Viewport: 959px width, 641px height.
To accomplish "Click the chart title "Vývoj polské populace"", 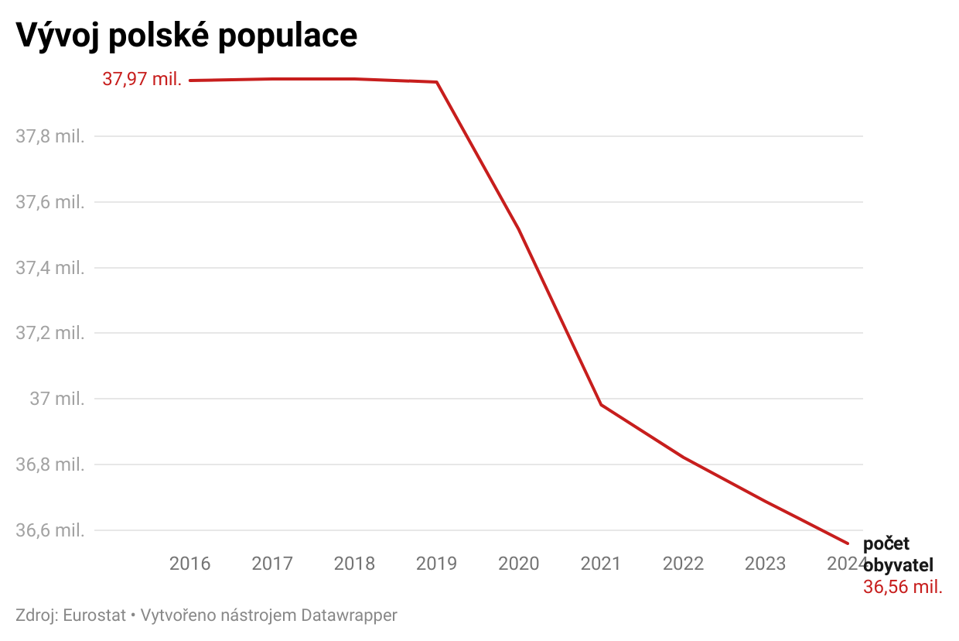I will (186, 36).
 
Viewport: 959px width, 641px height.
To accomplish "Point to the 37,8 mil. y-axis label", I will (49, 137).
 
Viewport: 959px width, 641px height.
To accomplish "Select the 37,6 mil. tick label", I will (49, 203).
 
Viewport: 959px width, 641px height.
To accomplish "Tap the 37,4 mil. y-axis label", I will (49, 269).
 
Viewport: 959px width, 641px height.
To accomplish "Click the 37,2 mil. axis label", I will (49, 334).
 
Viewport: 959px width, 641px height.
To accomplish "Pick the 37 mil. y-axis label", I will (56, 399).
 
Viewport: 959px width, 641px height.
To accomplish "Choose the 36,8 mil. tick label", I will (49, 465).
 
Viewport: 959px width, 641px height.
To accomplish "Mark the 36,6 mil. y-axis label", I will (49, 531).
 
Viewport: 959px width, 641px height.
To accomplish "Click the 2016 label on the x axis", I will (190, 564).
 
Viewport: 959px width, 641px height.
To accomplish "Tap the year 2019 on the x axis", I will (436, 564).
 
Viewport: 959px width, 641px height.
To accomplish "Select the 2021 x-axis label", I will (601, 564).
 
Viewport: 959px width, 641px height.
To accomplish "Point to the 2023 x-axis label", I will (765, 564).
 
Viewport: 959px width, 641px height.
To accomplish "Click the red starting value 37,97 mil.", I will (142, 79).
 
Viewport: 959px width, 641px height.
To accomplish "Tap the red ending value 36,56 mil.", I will (903, 587).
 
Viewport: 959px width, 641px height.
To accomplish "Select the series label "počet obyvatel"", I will (898, 554).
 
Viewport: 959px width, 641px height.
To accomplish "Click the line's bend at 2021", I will (601, 405).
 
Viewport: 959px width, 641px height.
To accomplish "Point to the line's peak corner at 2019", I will (437, 82).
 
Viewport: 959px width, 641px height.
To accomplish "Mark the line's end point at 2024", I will (848, 543).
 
